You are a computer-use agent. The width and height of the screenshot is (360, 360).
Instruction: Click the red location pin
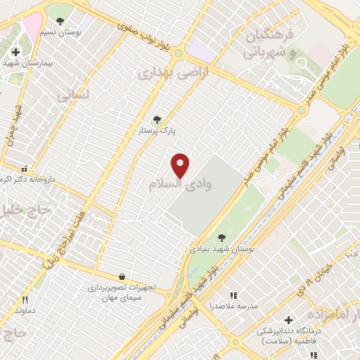coord(181,165)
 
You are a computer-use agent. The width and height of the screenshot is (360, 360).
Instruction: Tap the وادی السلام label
coord(179,184)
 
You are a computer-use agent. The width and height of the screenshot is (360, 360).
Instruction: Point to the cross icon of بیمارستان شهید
coord(15,51)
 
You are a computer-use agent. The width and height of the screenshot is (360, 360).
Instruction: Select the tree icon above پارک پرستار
coord(157,120)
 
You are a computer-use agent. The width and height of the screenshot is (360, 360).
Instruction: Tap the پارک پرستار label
coord(157,131)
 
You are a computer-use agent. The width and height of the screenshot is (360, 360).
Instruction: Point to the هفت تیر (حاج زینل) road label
coord(66,236)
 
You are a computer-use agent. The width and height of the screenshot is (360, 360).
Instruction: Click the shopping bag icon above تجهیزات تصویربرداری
coord(123,276)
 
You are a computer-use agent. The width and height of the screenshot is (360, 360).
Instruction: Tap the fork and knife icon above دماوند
coord(25,299)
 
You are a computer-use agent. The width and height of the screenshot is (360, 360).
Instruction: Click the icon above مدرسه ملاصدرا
coord(234,295)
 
